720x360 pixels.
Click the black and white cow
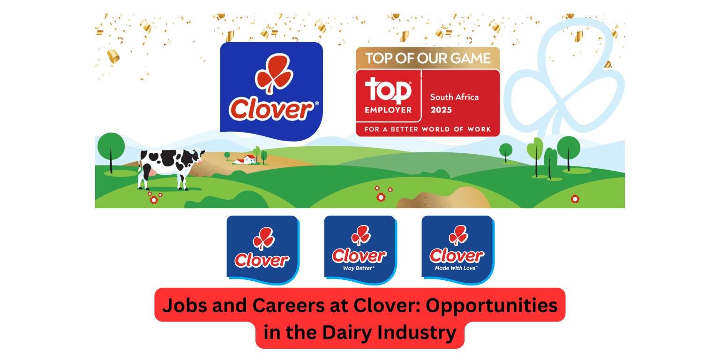tap(170, 169)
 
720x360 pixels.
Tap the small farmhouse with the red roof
tap(245, 159)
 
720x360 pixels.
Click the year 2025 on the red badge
tap(441, 110)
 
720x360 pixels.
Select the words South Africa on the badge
tap(454, 97)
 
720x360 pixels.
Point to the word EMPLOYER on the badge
tap(388, 110)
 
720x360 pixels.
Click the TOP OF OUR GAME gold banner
tap(428, 58)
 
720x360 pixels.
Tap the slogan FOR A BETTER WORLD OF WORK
tap(427, 129)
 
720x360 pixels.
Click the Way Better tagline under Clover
tap(359, 268)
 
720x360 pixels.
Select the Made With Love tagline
tap(456, 268)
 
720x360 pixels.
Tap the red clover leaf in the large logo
tap(274, 74)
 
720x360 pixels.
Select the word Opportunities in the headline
tap(491, 306)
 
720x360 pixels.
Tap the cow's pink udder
tap(152, 173)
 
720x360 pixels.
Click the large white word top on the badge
tap(388, 90)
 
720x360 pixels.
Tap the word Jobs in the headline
tap(185, 306)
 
